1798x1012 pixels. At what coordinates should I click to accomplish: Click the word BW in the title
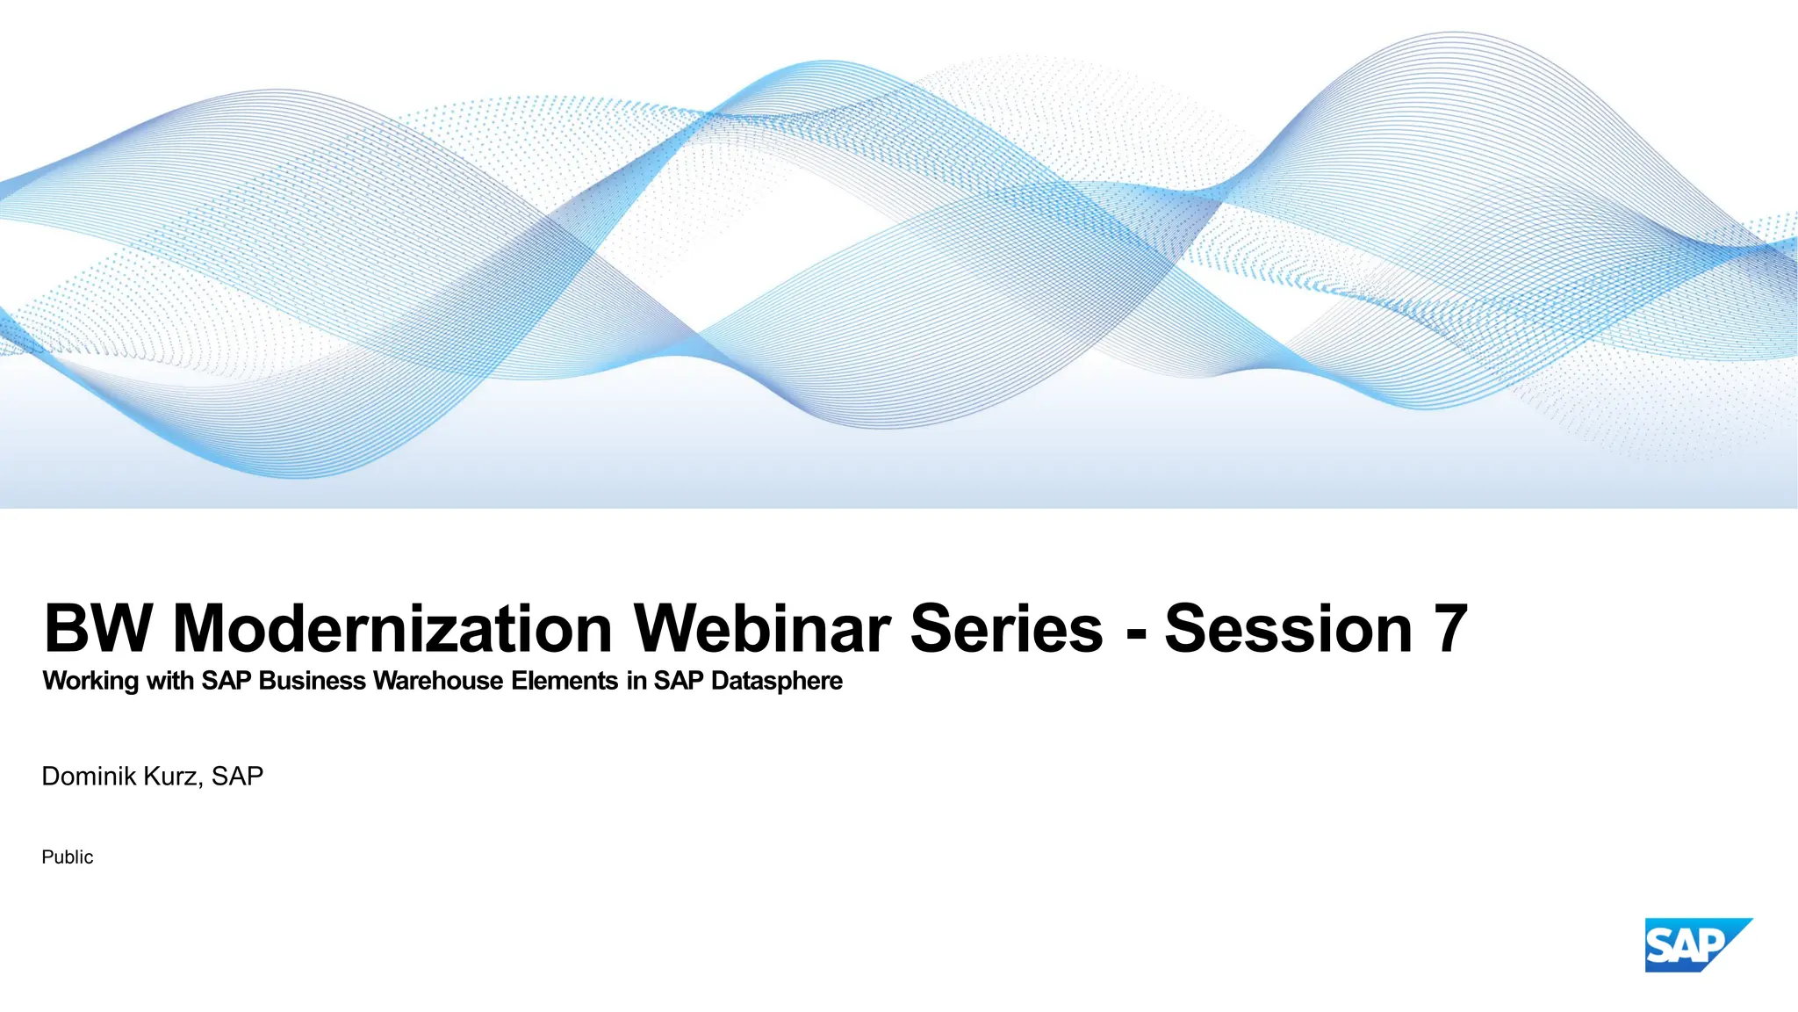97,629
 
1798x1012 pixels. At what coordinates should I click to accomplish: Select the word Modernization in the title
392,629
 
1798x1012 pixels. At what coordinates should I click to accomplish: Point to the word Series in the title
1006,629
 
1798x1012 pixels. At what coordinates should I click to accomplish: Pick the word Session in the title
1288,629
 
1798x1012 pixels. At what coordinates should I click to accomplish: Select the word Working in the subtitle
90,681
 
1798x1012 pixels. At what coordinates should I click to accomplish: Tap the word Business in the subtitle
312,681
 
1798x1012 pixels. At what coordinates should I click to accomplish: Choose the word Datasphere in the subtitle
776,681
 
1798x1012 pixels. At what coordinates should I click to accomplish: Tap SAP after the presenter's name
237,777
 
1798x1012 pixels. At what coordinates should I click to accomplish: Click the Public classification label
67,857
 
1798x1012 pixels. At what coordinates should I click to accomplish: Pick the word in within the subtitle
636,681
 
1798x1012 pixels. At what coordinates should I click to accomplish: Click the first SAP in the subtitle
227,681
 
